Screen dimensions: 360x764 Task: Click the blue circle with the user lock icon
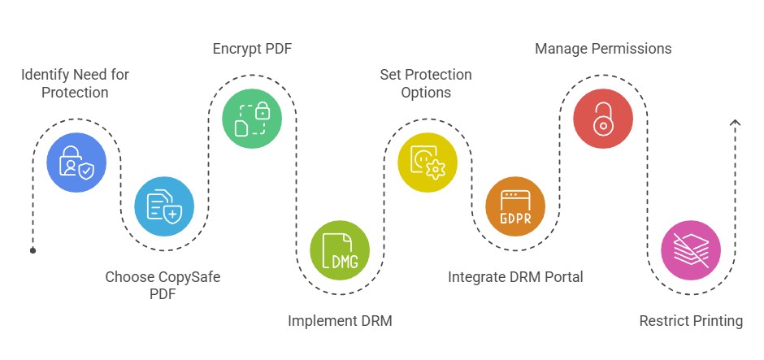[x=76, y=163]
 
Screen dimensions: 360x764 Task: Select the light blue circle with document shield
[x=164, y=206]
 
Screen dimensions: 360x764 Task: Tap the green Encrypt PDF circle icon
[x=252, y=119]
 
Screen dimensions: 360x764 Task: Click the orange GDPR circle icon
[x=515, y=206]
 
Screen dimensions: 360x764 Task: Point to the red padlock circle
[x=602, y=119]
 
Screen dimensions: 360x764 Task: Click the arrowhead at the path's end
[x=735, y=123]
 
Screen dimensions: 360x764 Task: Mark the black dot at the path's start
[x=33, y=250]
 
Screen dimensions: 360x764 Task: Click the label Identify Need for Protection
[x=75, y=84]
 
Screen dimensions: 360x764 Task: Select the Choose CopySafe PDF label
[x=163, y=285]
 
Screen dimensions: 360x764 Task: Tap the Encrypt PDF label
[x=252, y=49]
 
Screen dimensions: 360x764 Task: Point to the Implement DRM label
[x=340, y=321]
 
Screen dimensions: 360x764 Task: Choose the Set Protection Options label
[x=426, y=84]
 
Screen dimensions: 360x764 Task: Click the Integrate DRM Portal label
[x=515, y=277]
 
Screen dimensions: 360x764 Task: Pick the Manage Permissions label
[x=603, y=49]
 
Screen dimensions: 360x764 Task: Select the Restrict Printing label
[x=691, y=321]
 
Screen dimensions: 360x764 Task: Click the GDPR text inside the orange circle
[x=515, y=217]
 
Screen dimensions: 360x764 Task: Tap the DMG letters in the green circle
[x=342, y=260]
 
